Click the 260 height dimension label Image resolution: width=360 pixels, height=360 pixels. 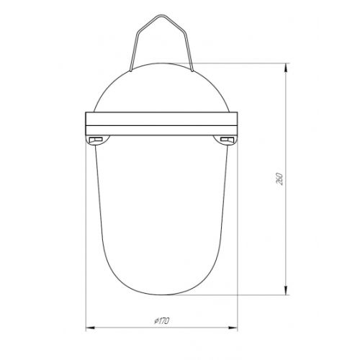pyautogui.click(x=279, y=179)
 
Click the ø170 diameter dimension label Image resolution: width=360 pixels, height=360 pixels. pyautogui.click(x=162, y=320)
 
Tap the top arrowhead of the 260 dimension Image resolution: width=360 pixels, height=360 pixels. pyautogui.click(x=286, y=68)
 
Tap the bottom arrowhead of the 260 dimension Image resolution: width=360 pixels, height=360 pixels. pyautogui.click(x=286, y=290)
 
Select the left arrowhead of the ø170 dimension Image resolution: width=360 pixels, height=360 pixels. pyautogui.click(x=90, y=328)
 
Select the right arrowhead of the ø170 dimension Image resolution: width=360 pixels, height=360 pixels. pyautogui.click(x=233, y=328)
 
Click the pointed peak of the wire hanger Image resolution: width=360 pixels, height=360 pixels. pyautogui.click(x=161, y=15)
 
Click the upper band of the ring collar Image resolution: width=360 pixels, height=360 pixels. pyautogui.click(x=161, y=119)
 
